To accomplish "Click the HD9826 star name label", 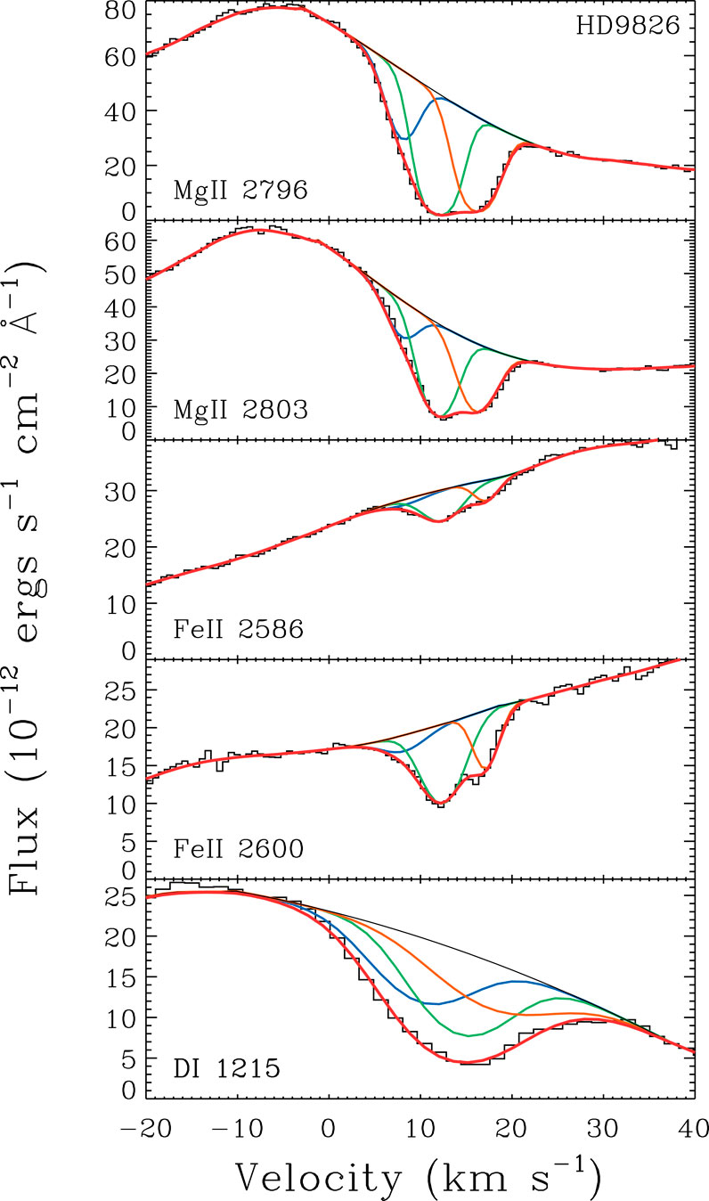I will click(627, 27).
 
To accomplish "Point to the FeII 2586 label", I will click(239, 630).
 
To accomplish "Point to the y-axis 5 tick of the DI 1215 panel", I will click(125, 1058).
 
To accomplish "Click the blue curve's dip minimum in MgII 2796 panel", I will click(405, 138).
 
